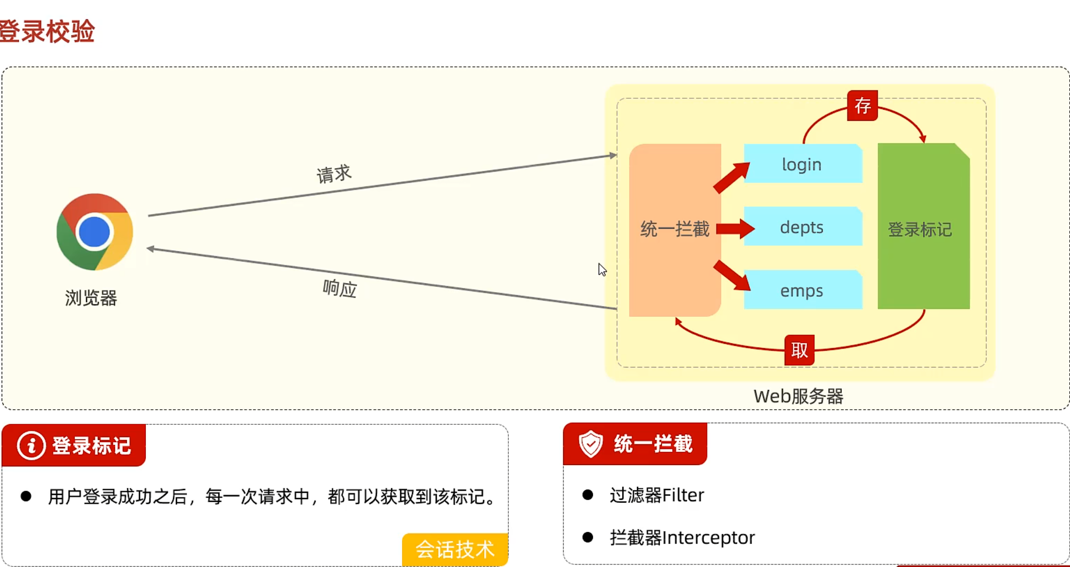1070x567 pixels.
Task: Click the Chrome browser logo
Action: click(x=95, y=232)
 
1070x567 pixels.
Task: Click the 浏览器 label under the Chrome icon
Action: click(x=91, y=298)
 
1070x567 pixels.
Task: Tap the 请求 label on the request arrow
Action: click(x=334, y=173)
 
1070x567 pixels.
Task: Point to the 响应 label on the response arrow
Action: click(x=340, y=288)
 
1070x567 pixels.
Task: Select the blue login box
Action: click(x=802, y=164)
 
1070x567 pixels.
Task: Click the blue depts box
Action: click(x=802, y=227)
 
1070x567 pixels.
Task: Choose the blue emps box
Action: click(x=802, y=290)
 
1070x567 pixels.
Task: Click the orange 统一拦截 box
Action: click(x=674, y=229)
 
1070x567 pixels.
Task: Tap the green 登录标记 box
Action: click(x=923, y=228)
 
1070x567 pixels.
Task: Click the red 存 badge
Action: click(x=862, y=106)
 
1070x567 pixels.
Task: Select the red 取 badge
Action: click(x=799, y=350)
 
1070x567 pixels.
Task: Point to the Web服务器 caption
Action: click(x=798, y=396)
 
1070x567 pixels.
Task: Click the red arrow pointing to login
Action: click(x=731, y=178)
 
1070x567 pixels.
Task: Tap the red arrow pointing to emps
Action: click(x=732, y=275)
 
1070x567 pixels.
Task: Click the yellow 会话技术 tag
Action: click(x=455, y=549)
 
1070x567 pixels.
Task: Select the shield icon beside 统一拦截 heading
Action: click(x=590, y=444)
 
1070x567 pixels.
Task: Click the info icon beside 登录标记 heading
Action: click(x=31, y=446)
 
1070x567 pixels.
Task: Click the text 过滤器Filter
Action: click(x=657, y=495)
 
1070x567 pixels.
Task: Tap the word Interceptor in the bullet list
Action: click(x=708, y=537)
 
